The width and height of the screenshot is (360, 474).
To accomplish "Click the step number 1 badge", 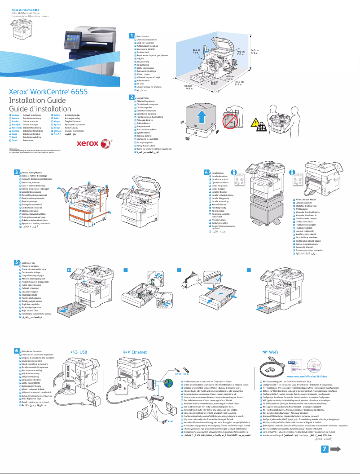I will [132, 35].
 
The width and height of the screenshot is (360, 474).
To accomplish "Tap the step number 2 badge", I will [132, 97].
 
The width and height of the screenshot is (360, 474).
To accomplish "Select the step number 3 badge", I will [17, 172].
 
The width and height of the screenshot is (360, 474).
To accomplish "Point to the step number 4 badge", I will [206, 172].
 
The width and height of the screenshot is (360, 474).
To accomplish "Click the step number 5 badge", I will [17, 262].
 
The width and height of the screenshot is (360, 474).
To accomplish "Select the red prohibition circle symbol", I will [230, 122].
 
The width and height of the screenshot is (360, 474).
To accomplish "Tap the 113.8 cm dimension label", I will [183, 87].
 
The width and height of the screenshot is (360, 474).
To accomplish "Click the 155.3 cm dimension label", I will [239, 83].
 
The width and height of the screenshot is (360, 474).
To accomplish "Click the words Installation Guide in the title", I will [37, 101].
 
